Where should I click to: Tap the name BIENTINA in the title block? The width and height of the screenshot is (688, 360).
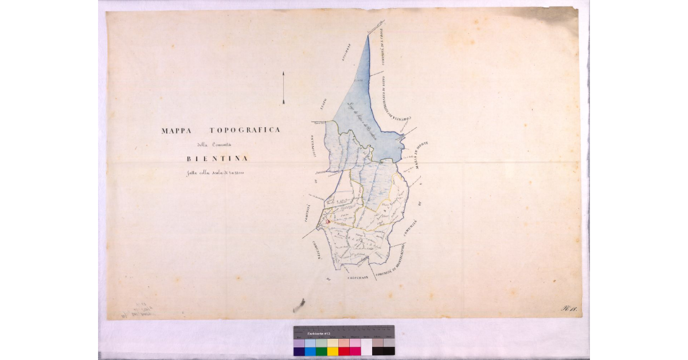click(x=217, y=159)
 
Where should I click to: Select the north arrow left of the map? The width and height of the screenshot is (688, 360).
click(x=283, y=88)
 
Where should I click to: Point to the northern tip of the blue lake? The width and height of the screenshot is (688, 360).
click(x=368, y=36)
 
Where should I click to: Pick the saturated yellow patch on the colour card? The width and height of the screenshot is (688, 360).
click(x=333, y=351)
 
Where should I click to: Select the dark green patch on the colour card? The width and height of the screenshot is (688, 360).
click(x=322, y=351)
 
